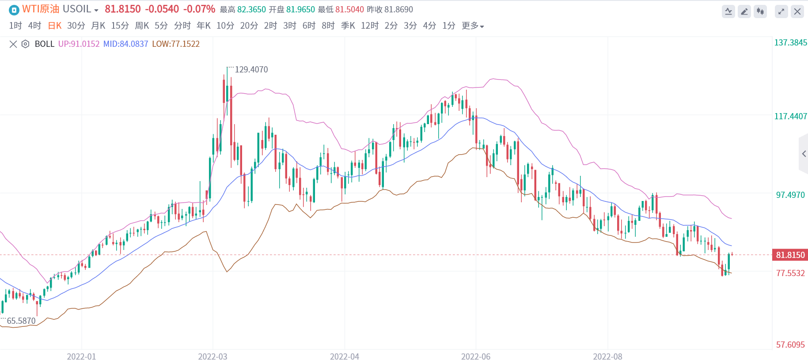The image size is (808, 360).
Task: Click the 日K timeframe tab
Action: tap(55, 26)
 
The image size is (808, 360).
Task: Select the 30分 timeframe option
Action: tap(76, 26)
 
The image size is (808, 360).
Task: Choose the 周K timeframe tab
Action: tap(142, 26)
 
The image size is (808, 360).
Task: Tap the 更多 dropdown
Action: tap(472, 26)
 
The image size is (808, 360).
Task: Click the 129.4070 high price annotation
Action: tap(251, 69)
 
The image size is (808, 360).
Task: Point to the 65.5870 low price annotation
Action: tap(21, 321)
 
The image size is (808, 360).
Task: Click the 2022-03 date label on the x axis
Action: tap(212, 356)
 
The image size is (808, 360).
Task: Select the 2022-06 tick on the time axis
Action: tap(476, 356)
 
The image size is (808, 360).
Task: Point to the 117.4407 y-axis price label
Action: tap(790, 116)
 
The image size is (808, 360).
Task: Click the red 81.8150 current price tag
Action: tap(790, 255)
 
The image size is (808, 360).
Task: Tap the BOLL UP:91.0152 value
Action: tap(79, 44)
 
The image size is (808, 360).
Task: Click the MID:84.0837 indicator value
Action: tap(125, 44)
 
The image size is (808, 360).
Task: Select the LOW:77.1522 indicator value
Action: tap(176, 44)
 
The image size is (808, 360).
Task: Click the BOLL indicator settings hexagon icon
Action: tap(26, 44)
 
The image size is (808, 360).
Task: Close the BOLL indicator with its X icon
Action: tap(13, 44)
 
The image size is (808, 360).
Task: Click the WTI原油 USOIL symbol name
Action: tap(57, 9)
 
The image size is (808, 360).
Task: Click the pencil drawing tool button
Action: tap(744, 11)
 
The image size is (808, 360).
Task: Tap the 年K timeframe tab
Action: tap(204, 26)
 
